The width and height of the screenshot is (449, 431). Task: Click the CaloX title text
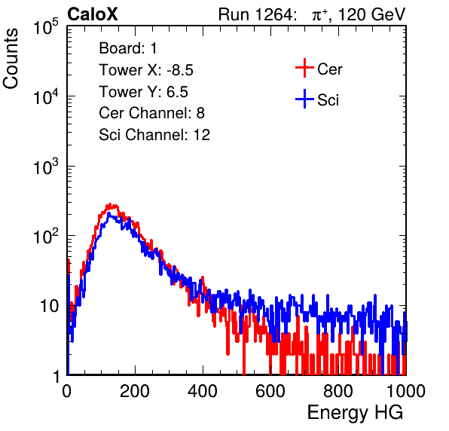tap(93, 14)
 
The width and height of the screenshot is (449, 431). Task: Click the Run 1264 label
tap(256, 14)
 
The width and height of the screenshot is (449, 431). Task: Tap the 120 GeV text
tap(372, 14)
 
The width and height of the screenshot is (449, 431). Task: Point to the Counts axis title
tap(11, 59)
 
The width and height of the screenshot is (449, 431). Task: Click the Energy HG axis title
tap(355, 413)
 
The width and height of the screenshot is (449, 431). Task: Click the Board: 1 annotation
tap(128, 48)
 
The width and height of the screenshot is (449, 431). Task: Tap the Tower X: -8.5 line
tap(146, 70)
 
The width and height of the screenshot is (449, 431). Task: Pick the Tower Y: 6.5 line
tap(143, 92)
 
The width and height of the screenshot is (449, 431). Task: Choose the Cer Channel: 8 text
tap(151, 113)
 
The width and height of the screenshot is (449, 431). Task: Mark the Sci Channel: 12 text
tap(154, 135)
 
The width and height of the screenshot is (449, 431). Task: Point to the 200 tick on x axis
tap(135, 391)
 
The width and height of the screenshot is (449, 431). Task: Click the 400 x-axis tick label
tap(203, 391)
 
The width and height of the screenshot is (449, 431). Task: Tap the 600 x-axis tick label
tap(270, 391)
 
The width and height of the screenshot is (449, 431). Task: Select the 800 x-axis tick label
tap(338, 391)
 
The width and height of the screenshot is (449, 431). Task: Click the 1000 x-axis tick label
tap(406, 391)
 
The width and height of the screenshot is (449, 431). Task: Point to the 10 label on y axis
tap(49, 306)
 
